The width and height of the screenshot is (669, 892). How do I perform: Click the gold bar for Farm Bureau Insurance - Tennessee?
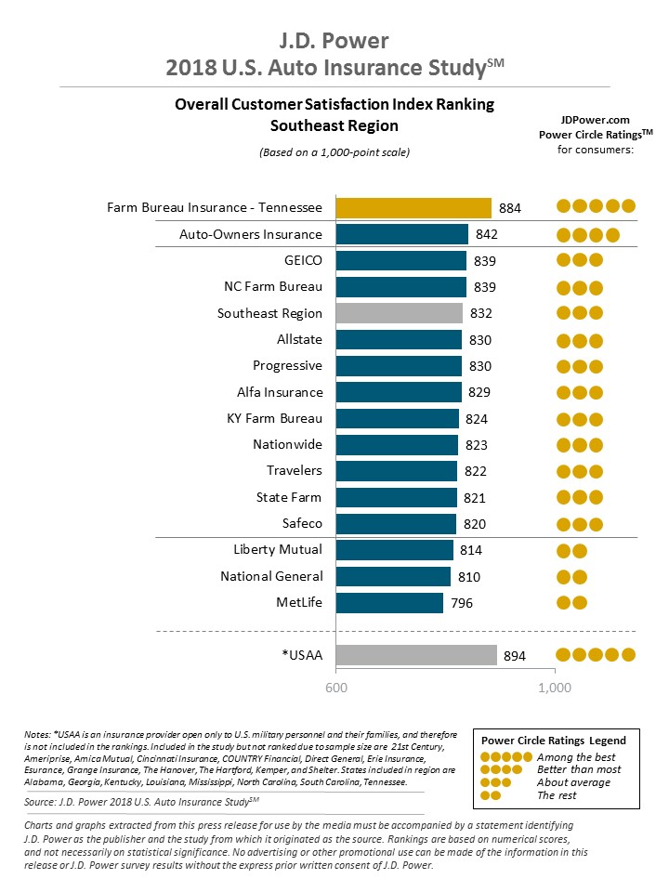coord(413,207)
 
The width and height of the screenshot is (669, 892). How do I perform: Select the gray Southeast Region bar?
coord(399,313)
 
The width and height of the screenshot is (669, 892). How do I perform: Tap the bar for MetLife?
coord(388,603)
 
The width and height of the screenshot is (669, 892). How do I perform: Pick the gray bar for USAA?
coord(415,656)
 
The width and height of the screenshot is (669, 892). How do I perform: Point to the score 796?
coord(462,603)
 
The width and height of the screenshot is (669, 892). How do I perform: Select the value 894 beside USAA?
coord(515,656)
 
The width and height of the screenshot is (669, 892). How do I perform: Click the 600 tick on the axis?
coord(334,689)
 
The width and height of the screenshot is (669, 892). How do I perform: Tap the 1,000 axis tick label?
coord(555,689)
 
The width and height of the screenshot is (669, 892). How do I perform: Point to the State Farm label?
coord(289,498)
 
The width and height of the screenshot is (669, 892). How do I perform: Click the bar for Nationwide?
coord(396,445)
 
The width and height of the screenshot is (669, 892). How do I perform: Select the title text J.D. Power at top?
coord(334,40)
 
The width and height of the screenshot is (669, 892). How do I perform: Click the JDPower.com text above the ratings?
coord(596,120)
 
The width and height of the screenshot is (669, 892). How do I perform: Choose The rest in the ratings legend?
coord(557,795)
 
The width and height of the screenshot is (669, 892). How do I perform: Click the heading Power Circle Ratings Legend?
coord(553,741)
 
